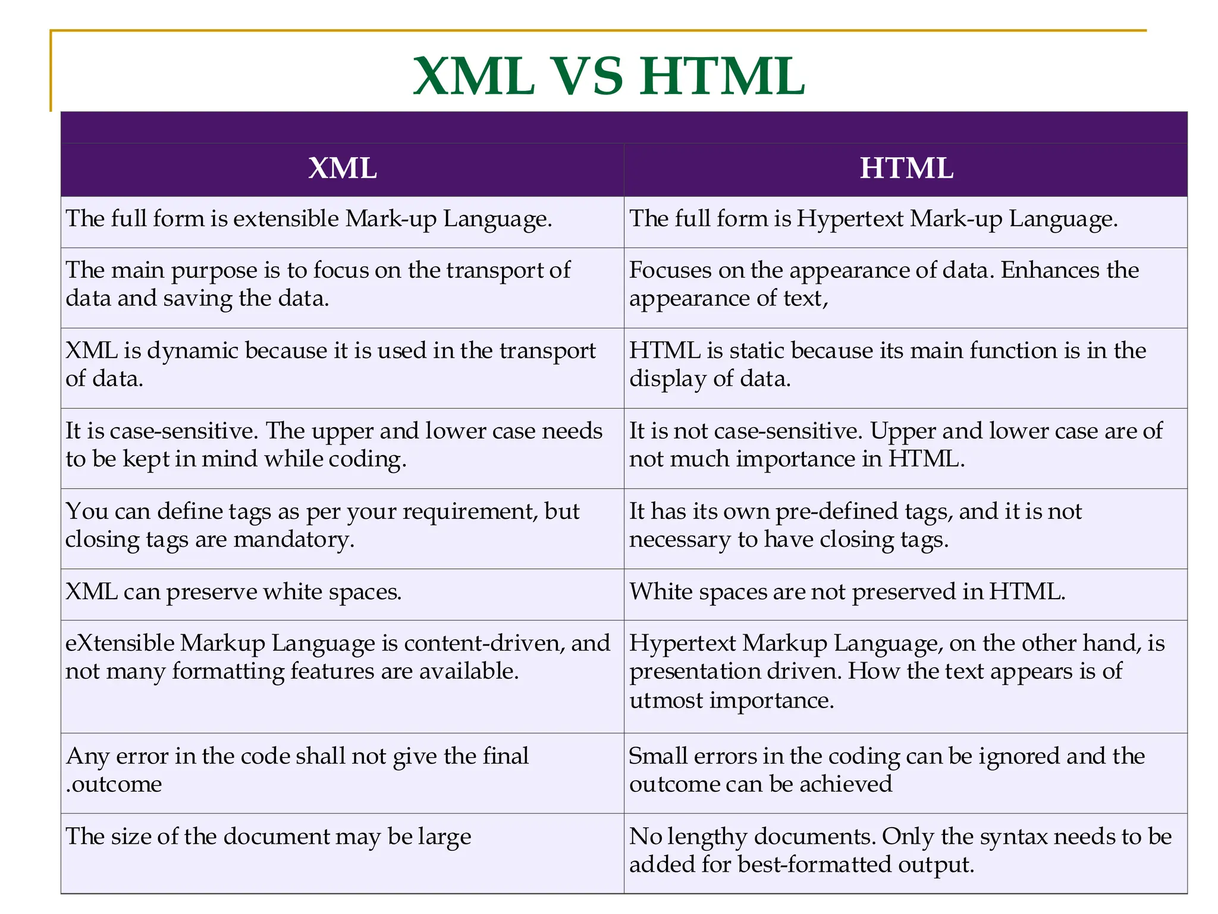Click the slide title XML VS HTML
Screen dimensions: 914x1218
coord(608,76)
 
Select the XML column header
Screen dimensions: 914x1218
coord(343,168)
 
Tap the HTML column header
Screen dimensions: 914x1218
coord(906,168)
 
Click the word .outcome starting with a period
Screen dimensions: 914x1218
coord(114,784)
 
